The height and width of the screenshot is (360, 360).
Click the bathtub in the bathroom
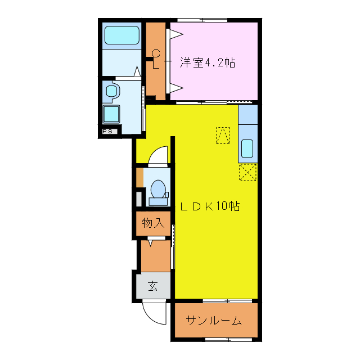(121, 35)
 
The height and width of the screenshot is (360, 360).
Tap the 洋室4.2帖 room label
(208, 63)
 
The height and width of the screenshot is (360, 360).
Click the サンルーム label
(214, 321)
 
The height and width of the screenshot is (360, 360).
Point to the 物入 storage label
(152, 223)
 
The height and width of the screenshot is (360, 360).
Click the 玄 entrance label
(153, 286)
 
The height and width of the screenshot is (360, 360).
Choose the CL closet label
(156, 59)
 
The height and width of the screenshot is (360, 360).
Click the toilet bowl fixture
(158, 188)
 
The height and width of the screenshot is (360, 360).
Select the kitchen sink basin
(247, 148)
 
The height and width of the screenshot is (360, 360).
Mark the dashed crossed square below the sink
(247, 172)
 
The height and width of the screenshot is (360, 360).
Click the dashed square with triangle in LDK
(223, 135)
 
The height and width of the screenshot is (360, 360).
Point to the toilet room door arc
(159, 155)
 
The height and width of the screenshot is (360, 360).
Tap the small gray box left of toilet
(139, 199)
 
